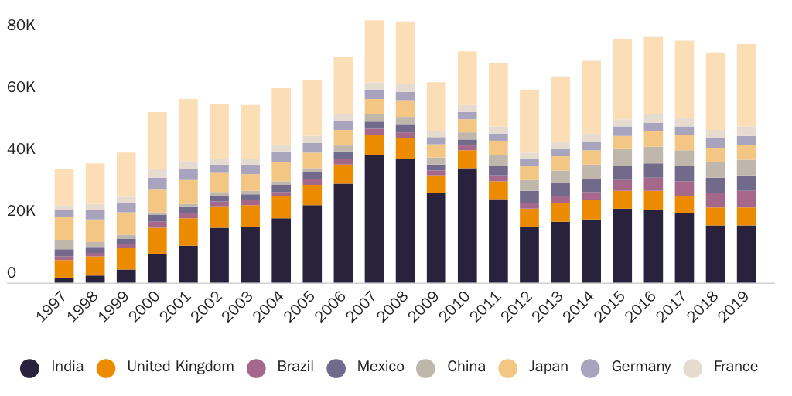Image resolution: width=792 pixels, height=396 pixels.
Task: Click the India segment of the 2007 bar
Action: pyautogui.click(x=374, y=219)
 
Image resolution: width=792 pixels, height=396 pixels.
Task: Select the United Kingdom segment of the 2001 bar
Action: pyautogui.click(x=188, y=232)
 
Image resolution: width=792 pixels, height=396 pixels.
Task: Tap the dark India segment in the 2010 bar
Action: pyautogui.click(x=467, y=225)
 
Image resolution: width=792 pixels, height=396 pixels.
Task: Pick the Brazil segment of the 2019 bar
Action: pyautogui.click(x=746, y=199)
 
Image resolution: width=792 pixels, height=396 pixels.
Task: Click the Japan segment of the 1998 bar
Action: pyautogui.click(x=95, y=230)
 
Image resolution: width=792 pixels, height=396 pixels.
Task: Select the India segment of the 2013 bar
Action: pyautogui.click(x=560, y=252)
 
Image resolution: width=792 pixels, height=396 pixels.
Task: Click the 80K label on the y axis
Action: pyautogui.click(x=22, y=26)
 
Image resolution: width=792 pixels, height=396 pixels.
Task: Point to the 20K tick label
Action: pyautogui.click(x=22, y=211)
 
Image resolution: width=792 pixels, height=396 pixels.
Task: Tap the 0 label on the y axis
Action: pyautogui.click(x=12, y=273)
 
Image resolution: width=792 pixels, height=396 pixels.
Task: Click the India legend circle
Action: pyautogui.click(x=30, y=368)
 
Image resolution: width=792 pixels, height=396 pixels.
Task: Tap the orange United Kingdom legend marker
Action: pyautogui.click(x=107, y=368)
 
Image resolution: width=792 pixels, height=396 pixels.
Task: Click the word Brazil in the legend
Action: pyautogui.click(x=295, y=367)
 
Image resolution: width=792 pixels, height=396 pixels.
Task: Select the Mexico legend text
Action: pyautogui.click(x=381, y=367)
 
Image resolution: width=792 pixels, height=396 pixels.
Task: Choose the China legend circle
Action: pyautogui.click(x=426, y=368)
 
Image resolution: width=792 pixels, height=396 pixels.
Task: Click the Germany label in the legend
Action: pyautogui.click(x=640, y=367)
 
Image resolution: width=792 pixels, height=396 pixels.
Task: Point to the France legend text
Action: pyautogui.click(x=736, y=367)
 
